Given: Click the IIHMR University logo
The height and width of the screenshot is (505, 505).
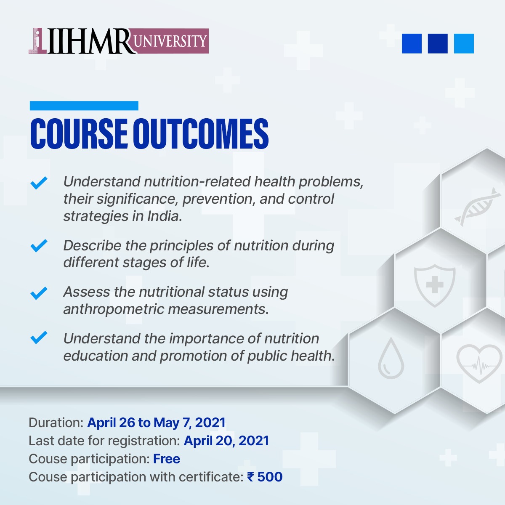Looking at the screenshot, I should pyautogui.click(x=119, y=41).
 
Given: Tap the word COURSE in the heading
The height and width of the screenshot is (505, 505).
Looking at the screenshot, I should pyautogui.click(x=79, y=134).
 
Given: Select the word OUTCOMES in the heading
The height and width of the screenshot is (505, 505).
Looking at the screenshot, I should pyautogui.click(x=201, y=134).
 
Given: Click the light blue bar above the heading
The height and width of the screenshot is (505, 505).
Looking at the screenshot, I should pyautogui.click(x=84, y=106).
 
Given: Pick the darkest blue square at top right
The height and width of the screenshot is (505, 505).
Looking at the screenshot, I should pyautogui.click(x=438, y=43).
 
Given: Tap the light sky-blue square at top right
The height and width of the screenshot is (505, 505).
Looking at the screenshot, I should pyautogui.click(x=464, y=43).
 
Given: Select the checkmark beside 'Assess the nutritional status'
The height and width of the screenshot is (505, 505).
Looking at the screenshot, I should pyautogui.click(x=39, y=292).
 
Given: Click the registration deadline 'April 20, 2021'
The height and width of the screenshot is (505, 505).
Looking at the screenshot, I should pyautogui.click(x=226, y=441).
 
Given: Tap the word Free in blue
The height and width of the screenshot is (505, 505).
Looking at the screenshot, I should pyautogui.click(x=167, y=459).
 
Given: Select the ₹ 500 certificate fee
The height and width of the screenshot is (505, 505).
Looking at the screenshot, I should pyautogui.click(x=265, y=477).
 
